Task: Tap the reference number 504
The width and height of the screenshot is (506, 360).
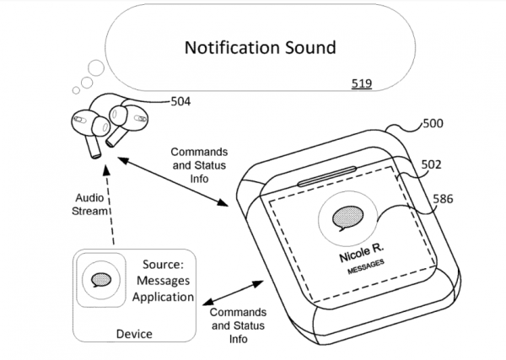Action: coord(180,102)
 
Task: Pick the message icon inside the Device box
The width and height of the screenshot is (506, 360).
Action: coord(100,279)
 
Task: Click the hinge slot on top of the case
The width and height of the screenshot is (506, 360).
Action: coord(329,180)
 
